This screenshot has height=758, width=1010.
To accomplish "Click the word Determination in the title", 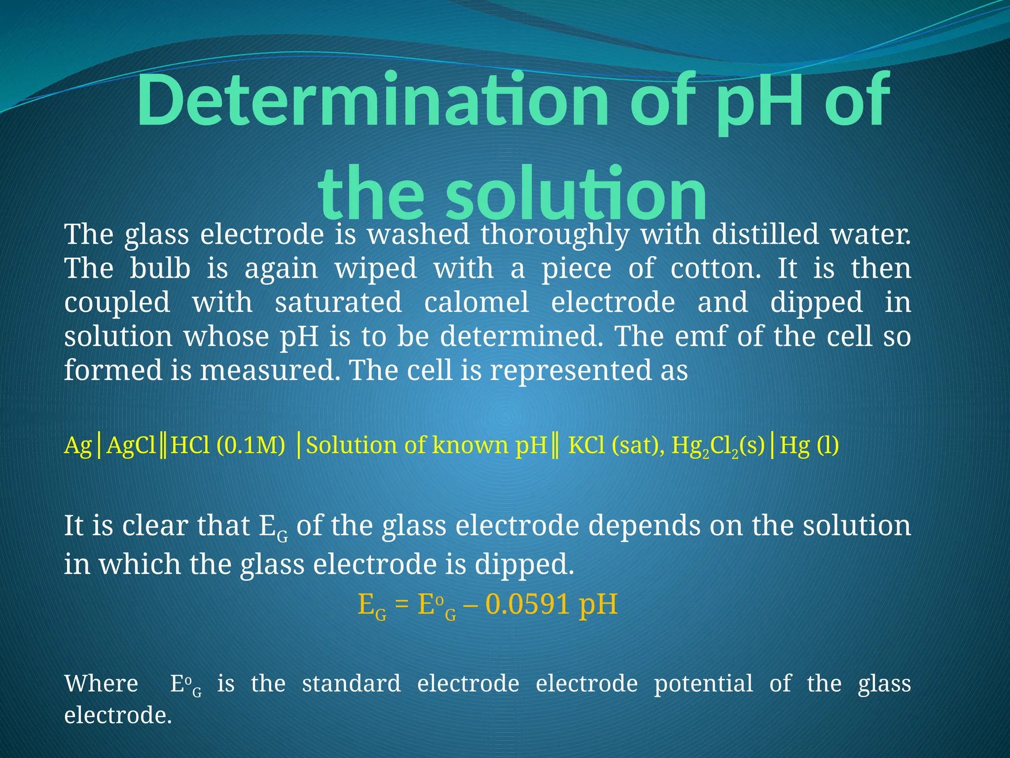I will (372, 101).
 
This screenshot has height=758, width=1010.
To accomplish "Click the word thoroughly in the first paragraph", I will (554, 235).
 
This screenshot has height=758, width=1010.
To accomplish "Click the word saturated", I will (338, 302).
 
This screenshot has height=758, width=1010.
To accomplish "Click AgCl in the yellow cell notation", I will (131, 446).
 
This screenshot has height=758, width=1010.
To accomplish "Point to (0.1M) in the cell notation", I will (251, 446).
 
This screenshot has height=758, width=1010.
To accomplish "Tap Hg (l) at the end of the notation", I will (809, 446).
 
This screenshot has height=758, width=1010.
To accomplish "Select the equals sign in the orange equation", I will (402, 605).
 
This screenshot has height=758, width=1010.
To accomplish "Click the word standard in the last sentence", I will (351, 684).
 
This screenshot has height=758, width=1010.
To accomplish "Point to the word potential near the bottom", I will (703, 684).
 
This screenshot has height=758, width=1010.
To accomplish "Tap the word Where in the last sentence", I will (101, 684).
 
